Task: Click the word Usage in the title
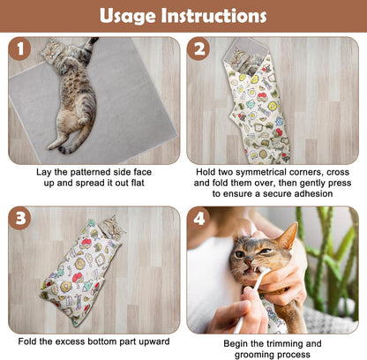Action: [129, 16]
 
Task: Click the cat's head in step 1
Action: [53, 51]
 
